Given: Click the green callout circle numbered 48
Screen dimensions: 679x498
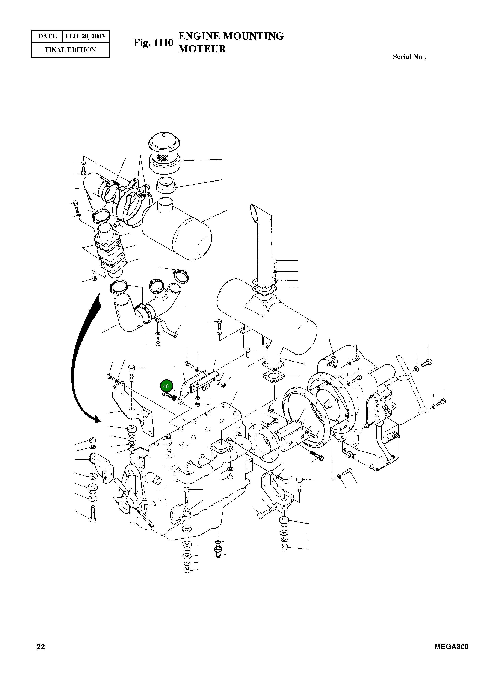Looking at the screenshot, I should (166, 386).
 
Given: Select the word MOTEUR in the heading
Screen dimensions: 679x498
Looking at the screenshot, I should (202, 49).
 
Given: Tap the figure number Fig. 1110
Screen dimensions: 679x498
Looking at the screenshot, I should (154, 43).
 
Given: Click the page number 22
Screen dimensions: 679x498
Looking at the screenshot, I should (40, 647).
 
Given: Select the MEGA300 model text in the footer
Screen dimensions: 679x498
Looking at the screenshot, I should (451, 646).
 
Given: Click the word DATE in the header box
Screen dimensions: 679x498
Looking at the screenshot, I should (47, 36).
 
